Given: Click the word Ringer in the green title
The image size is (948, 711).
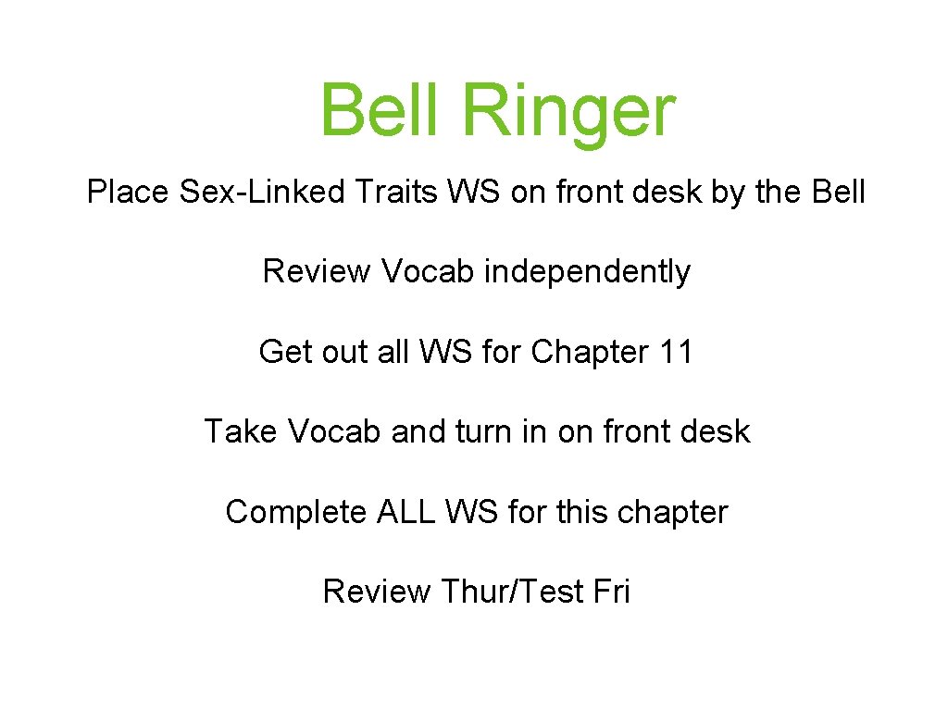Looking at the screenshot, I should (568, 111).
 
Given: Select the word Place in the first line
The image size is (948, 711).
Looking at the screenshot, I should (128, 193).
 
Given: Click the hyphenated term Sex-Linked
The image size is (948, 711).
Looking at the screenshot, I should (260, 193).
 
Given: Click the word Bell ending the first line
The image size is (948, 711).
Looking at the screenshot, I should (837, 193).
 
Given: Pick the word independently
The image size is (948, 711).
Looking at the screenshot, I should (588, 272).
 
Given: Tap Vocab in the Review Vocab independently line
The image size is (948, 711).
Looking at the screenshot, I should (428, 272).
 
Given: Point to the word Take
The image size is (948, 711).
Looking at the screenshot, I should (241, 431).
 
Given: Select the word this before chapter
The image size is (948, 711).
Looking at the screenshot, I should (582, 512).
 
